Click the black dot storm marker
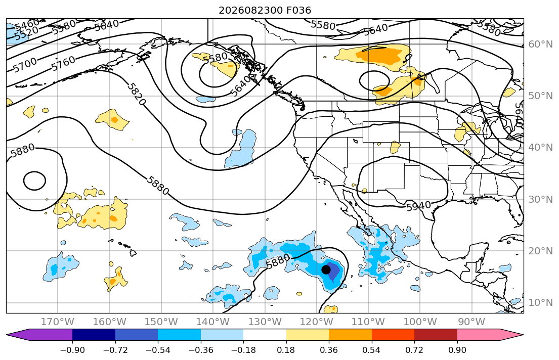coord(326,269)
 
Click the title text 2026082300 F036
coord(265,10)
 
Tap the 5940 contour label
coord(418,206)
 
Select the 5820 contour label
coord(137,94)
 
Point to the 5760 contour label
coord(63,64)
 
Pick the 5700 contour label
coord(25,65)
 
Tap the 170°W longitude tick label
coord(58,322)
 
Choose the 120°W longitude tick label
coord(317,322)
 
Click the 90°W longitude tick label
coord(471,322)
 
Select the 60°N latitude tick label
coord(540,44)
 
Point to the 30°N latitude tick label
coord(540,199)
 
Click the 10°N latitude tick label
coord(540,303)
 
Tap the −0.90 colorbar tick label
coord(72,350)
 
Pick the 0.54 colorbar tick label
coord(371,350)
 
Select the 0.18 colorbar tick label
coord(286,350)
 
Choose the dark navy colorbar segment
coord(94,335)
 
